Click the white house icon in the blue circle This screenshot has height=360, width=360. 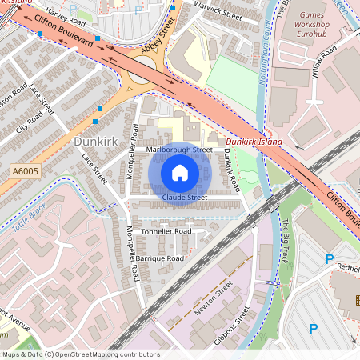180,173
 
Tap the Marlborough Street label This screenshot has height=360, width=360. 180,149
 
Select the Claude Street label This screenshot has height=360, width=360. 185,197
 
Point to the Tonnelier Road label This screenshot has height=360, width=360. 166,230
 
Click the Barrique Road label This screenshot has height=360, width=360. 159,258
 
